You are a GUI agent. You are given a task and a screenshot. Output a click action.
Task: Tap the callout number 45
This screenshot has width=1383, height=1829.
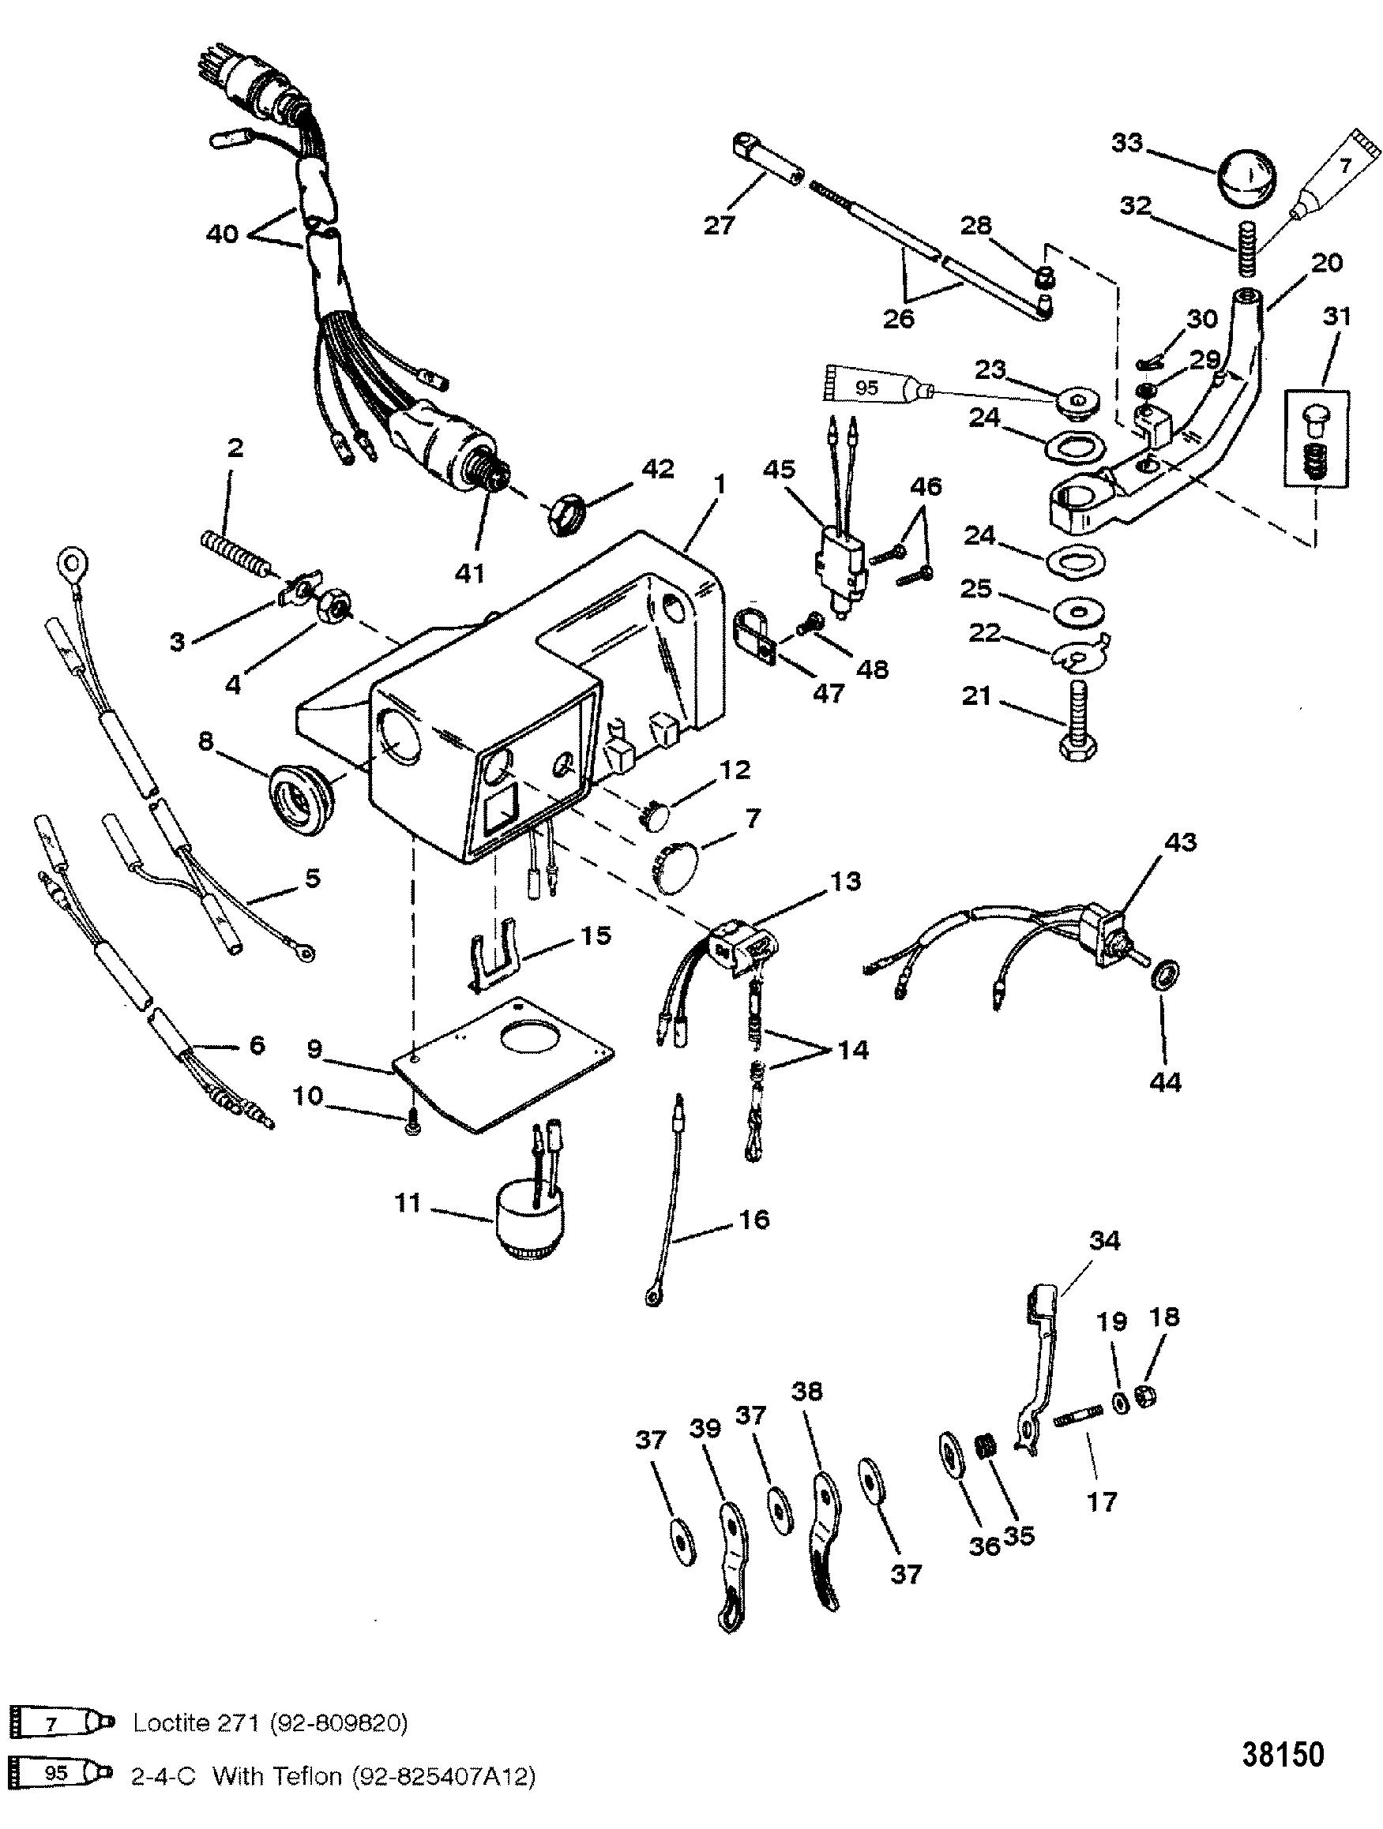pyautogui.click(x=778, y=470)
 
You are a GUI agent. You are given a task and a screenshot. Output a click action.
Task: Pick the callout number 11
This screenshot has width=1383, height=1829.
pyautogui.click(x=407, y=1204)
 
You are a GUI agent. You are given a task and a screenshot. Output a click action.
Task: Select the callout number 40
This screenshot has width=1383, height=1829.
pyautogui.click(x=222, y=234)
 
